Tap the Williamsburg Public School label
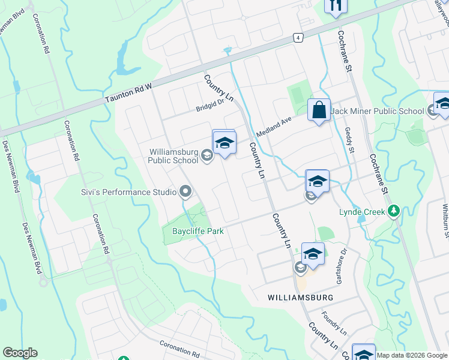(x=174, y=156)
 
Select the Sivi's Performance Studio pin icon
(x=185, y=192)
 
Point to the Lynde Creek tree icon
(x=394, y=211)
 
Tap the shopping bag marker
(x=319, y=110)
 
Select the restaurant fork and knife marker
(x=335, y=5)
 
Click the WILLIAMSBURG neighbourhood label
(x=300, y=298)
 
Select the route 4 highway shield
(x=298, y=37)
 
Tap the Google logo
(x=20, y=353)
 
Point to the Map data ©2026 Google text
(x=412, y=355)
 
